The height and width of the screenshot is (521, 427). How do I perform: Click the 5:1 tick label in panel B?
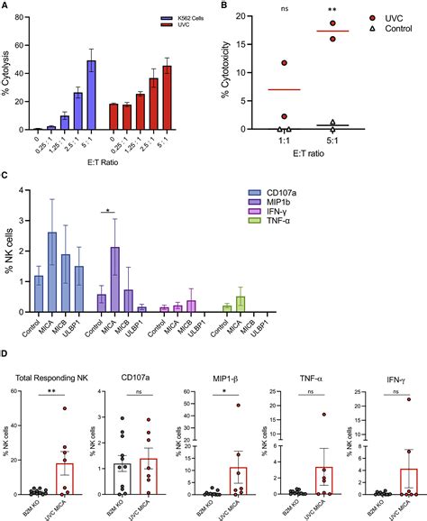coord(332,142)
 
